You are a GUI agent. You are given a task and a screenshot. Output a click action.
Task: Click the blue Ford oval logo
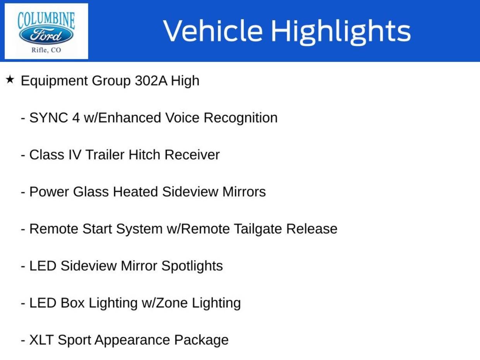46,35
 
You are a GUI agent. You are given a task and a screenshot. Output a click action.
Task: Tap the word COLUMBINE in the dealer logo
46,20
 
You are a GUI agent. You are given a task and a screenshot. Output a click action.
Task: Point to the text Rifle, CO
46,50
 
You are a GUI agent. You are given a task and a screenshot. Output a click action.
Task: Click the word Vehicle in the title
213,31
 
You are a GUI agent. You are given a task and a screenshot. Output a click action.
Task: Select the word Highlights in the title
341,33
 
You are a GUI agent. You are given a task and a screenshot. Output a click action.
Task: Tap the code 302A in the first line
151,81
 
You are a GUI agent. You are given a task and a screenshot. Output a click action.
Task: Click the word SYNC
48,118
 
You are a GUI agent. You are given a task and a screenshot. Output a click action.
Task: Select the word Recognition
240,118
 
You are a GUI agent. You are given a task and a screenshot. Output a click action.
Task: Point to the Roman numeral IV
75,155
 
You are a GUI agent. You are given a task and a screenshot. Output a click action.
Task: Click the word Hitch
144,155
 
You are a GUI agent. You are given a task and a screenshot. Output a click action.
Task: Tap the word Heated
135,192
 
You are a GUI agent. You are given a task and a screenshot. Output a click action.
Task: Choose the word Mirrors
244,192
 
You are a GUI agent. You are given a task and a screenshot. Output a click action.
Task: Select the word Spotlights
192,266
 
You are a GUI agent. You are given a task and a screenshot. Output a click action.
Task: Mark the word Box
72,303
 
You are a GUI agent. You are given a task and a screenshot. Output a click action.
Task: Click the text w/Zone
165,303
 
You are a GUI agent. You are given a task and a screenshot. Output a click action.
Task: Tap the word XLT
41,340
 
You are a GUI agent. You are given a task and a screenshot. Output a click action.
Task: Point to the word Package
201,341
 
